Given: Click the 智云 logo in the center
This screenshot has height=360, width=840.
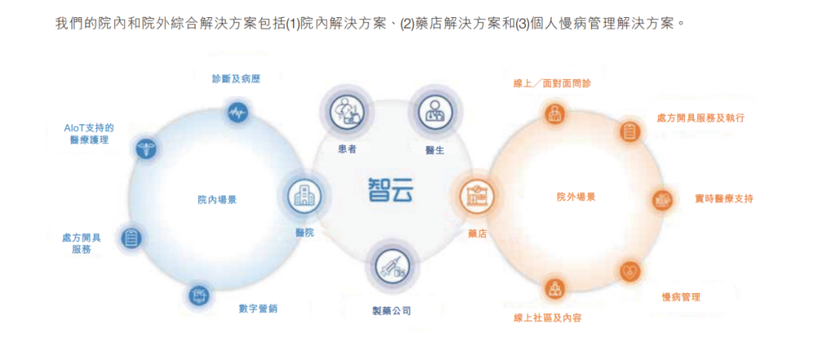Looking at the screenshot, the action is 390,190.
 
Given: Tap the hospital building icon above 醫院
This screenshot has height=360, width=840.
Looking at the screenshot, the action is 305,197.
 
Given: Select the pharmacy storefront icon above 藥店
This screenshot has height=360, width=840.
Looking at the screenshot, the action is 477,196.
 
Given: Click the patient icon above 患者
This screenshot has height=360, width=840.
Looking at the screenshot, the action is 345,112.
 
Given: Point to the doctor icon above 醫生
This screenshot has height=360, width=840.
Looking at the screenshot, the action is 435,112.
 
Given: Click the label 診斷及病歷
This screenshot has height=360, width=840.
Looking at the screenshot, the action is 236,79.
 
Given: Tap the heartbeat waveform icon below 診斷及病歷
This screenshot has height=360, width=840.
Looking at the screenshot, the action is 236,113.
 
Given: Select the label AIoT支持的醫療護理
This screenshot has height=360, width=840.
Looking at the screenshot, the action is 89,134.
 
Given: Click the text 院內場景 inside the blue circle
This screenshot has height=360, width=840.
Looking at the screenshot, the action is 217,200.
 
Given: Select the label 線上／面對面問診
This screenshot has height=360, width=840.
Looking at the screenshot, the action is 552,83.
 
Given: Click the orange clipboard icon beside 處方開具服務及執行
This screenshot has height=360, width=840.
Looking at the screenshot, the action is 631,131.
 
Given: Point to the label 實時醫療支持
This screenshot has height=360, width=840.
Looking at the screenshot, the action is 724,199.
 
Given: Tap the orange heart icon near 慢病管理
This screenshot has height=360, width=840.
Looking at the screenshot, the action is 630,271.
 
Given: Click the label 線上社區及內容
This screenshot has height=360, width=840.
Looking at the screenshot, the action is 548,318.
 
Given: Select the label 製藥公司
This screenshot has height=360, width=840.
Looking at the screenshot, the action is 391,311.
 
